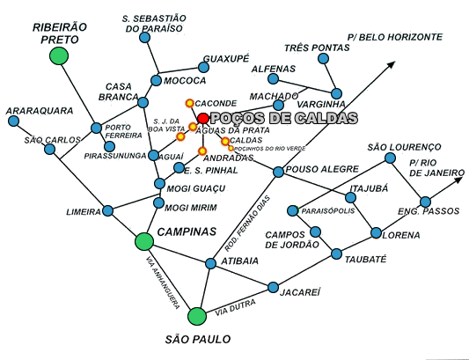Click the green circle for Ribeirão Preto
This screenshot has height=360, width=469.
(x=59, y=56)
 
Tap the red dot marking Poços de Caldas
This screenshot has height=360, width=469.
(x=203, y=118)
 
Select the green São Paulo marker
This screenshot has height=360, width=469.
(x=197, y=316)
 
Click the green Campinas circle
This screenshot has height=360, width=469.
(x=144, y=241)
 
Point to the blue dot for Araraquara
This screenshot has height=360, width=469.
(x=13, y=121)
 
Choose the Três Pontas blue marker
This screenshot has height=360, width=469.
(x=323, y=58)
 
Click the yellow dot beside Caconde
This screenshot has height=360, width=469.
(x=190, y=103)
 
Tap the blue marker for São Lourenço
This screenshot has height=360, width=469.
(x=390, y=158)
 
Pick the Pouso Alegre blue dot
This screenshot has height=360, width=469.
(x=278, y=172)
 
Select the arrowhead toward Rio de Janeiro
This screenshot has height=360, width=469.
(x=458, y=180)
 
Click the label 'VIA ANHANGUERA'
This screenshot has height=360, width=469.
(x=164, y=283)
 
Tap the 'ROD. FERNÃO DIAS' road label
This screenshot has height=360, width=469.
(x=247, y=224)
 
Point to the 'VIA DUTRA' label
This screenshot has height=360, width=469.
(x=236, y=307)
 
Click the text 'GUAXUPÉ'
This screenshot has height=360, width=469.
(x=226, y=59)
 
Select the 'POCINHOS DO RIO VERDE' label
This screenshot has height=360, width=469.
(x=270, y=149)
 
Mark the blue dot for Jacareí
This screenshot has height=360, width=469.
(x=273, y=287)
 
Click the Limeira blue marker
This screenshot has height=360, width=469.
(x=108, y=211)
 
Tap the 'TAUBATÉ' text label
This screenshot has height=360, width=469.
(x=365, y=259)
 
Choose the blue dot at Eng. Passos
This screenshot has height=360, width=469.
(x=425, y=202)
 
